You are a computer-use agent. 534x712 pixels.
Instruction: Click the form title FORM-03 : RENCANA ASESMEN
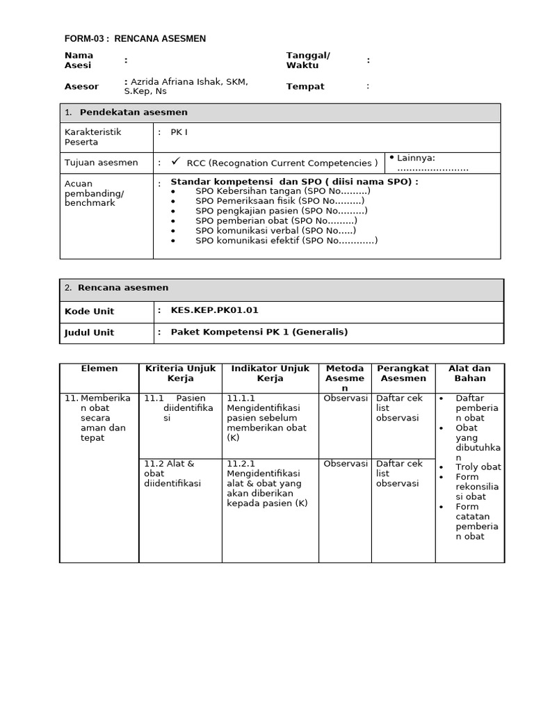coord(135,39)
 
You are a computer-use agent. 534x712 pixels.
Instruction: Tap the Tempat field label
coord(305,87)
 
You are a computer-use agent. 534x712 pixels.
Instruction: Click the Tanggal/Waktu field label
coord(308,60)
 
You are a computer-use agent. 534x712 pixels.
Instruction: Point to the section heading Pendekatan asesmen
coord(133,113)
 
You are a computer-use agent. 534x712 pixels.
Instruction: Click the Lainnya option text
coord(415,158)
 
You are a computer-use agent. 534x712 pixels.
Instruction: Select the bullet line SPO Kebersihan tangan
coord(282,191)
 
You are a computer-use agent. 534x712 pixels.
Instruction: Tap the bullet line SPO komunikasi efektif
coord(286,241)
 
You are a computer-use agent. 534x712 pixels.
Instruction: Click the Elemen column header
coord(99,369)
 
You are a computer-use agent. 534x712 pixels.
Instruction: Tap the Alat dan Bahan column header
coord(469,373)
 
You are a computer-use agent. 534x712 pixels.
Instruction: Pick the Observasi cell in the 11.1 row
coord(345,398)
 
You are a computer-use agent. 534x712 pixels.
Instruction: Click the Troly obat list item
coord(478,467)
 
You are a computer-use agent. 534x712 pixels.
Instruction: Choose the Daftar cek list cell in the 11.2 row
coord(399,474)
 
